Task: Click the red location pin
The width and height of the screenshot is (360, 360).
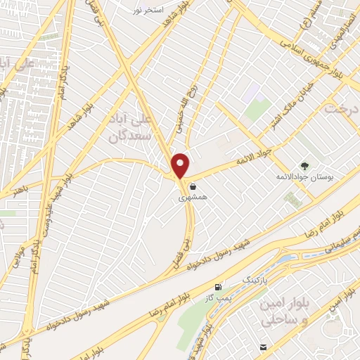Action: point(181,165)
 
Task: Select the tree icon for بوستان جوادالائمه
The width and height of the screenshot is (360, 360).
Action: point(304,165)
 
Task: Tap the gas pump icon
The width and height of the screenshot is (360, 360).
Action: point(219,287)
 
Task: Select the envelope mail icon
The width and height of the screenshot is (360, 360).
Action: point(263,347)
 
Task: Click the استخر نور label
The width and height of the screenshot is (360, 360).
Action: point(148,11)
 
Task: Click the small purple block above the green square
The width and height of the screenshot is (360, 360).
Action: point(254,95)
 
